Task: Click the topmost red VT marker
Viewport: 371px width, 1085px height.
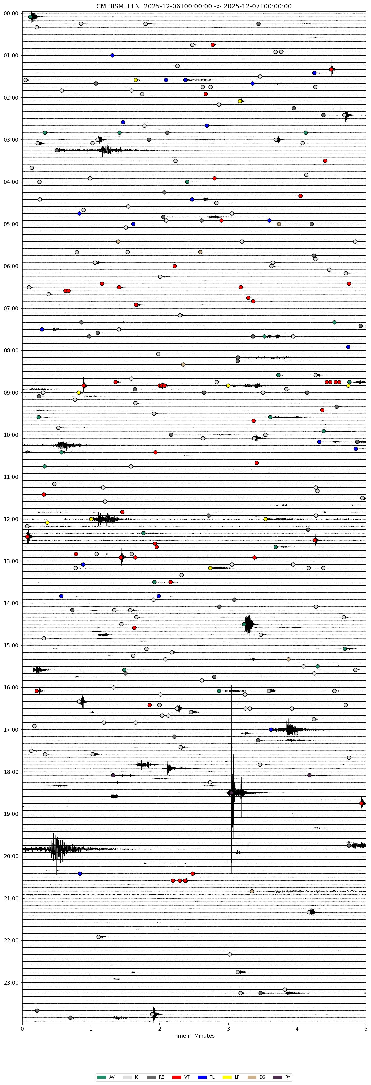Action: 213,45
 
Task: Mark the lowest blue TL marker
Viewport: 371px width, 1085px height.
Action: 80,874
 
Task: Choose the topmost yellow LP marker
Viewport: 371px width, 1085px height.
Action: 136,80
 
